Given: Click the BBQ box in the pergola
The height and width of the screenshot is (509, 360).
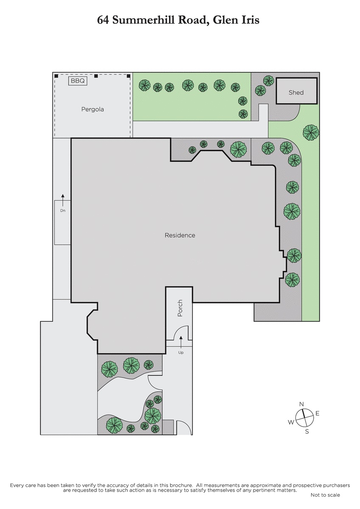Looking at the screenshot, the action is coord(78,81).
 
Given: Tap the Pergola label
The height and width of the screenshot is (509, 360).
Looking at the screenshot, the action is coord(93,109).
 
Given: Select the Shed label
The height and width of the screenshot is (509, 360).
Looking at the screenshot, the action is coord(296,92).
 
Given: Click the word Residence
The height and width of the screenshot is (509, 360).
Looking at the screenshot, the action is coord(180,235).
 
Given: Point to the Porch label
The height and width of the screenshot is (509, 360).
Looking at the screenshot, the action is coord(180,308).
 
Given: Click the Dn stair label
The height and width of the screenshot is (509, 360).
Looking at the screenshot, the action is coord(63,211).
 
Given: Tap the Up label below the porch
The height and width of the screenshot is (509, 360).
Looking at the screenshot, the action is coord(181,352).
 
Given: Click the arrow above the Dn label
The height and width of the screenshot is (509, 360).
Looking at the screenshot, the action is coord(63,200).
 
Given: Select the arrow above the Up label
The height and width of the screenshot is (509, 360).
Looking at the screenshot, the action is coord(181,342).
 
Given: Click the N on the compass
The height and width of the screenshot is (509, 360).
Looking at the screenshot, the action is coord(301,404).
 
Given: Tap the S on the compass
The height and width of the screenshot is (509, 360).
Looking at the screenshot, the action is coord(307,431).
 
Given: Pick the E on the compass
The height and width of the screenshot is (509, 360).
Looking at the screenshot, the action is coord(318,413).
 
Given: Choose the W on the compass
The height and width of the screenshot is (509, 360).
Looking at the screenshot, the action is coord(291,422).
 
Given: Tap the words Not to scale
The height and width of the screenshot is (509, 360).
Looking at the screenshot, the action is coord(325,495).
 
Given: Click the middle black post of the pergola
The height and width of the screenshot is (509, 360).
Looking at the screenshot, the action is coord(96,76).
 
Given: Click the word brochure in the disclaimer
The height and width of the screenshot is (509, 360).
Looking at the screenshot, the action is coord(179,484).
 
